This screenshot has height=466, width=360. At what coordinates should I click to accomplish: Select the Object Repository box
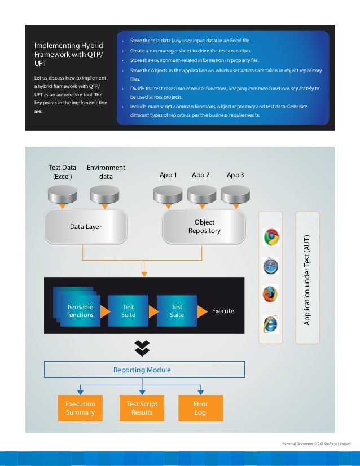[204, 226]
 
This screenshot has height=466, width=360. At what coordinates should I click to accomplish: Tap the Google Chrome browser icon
[271, 237]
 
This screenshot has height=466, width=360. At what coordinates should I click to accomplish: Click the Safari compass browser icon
[271, 265]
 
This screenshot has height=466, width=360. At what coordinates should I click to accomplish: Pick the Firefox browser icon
[271, 294]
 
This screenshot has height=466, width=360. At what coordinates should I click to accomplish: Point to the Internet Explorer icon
[271, 324]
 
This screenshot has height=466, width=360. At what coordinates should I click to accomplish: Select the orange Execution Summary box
[80, 408]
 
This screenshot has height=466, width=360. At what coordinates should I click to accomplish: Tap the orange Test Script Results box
[142, 408]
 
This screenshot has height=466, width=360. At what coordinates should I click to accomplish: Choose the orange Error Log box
[200, 408]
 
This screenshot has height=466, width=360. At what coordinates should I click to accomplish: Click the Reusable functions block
[80, 310]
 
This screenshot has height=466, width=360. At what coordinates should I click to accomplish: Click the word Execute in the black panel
[223, 311]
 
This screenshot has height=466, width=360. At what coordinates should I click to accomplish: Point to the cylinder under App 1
[169, 195]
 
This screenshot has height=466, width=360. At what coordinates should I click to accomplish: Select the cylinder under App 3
[235, 195]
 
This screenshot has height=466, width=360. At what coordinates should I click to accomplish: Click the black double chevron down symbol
[142, 349]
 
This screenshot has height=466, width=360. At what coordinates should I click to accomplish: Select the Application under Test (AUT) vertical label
[308, 278]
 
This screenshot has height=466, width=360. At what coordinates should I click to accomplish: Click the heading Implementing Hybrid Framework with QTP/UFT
[69, 55]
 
